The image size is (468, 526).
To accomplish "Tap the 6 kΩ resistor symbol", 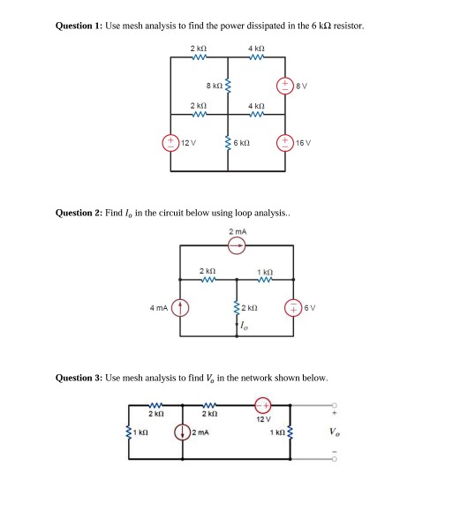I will click(228, 142).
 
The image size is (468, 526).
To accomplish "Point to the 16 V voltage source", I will click(284, 142).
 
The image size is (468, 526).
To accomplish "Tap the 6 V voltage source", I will click(292, 307).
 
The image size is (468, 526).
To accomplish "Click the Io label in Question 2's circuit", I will click(243, 326).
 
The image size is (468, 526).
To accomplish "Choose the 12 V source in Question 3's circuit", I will click(262, 405).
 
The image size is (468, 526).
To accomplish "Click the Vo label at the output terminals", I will click(333, 432).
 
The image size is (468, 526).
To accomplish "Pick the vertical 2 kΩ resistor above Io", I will click(236, 307).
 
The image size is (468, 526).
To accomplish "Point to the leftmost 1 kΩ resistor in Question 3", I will click(132, 432).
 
